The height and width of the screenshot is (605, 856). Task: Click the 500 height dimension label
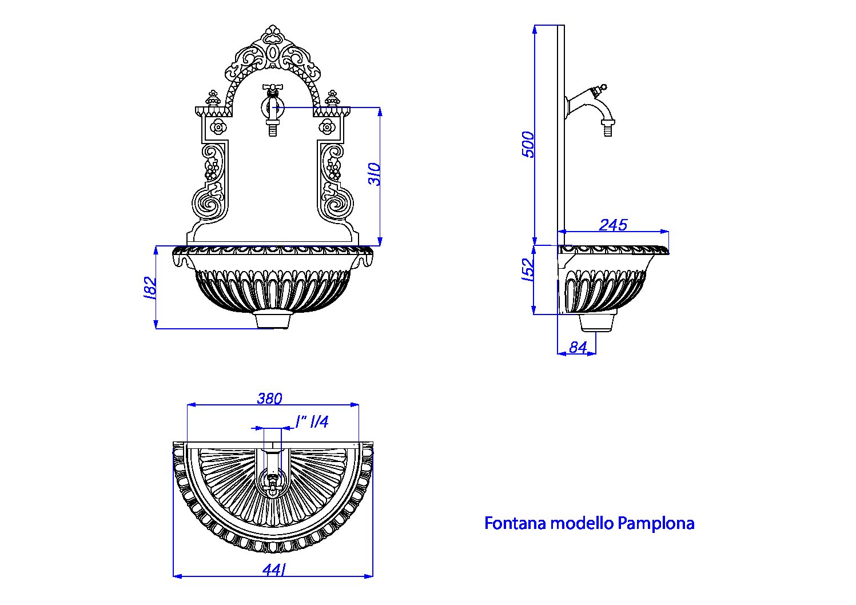coord(528,145)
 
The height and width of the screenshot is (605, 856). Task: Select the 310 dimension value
coord(375,174)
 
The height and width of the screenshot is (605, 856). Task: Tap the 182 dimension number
coord(150,288)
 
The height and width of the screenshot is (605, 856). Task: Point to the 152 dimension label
coord(527,270)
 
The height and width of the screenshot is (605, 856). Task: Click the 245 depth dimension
coord(613,225)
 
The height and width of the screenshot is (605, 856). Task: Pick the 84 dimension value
coord(578,348)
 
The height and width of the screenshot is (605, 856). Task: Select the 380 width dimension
coord(269,399)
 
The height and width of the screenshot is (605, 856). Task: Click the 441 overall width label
coord(274,570)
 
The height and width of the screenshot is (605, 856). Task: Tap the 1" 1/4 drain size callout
coord(312,422)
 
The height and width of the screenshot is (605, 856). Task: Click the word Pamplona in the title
coord(656,524)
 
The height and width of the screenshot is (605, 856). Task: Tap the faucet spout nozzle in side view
coord(608,128)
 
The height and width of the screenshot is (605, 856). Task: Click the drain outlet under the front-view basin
coord(273,320)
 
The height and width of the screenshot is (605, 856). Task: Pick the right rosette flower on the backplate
coord(327,127)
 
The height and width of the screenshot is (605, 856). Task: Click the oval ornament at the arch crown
coord(273,53)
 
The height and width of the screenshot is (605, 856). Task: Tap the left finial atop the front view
coord(213,98)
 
